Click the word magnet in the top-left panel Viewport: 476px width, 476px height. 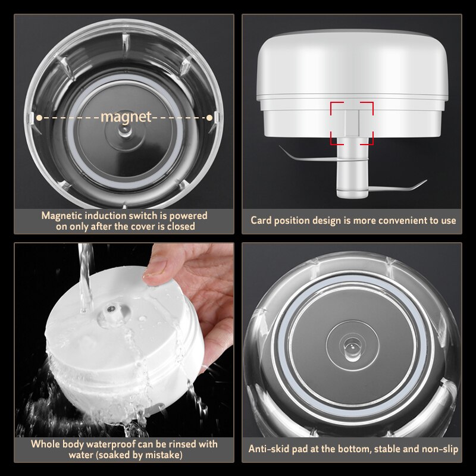126,117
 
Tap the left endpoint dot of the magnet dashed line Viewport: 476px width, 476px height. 39,118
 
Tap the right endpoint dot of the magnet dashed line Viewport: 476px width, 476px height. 209,118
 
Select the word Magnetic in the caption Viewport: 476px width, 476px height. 61,215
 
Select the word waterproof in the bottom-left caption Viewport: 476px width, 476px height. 104,444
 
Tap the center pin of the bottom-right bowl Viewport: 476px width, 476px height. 352,346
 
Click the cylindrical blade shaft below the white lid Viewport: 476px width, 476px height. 352,173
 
